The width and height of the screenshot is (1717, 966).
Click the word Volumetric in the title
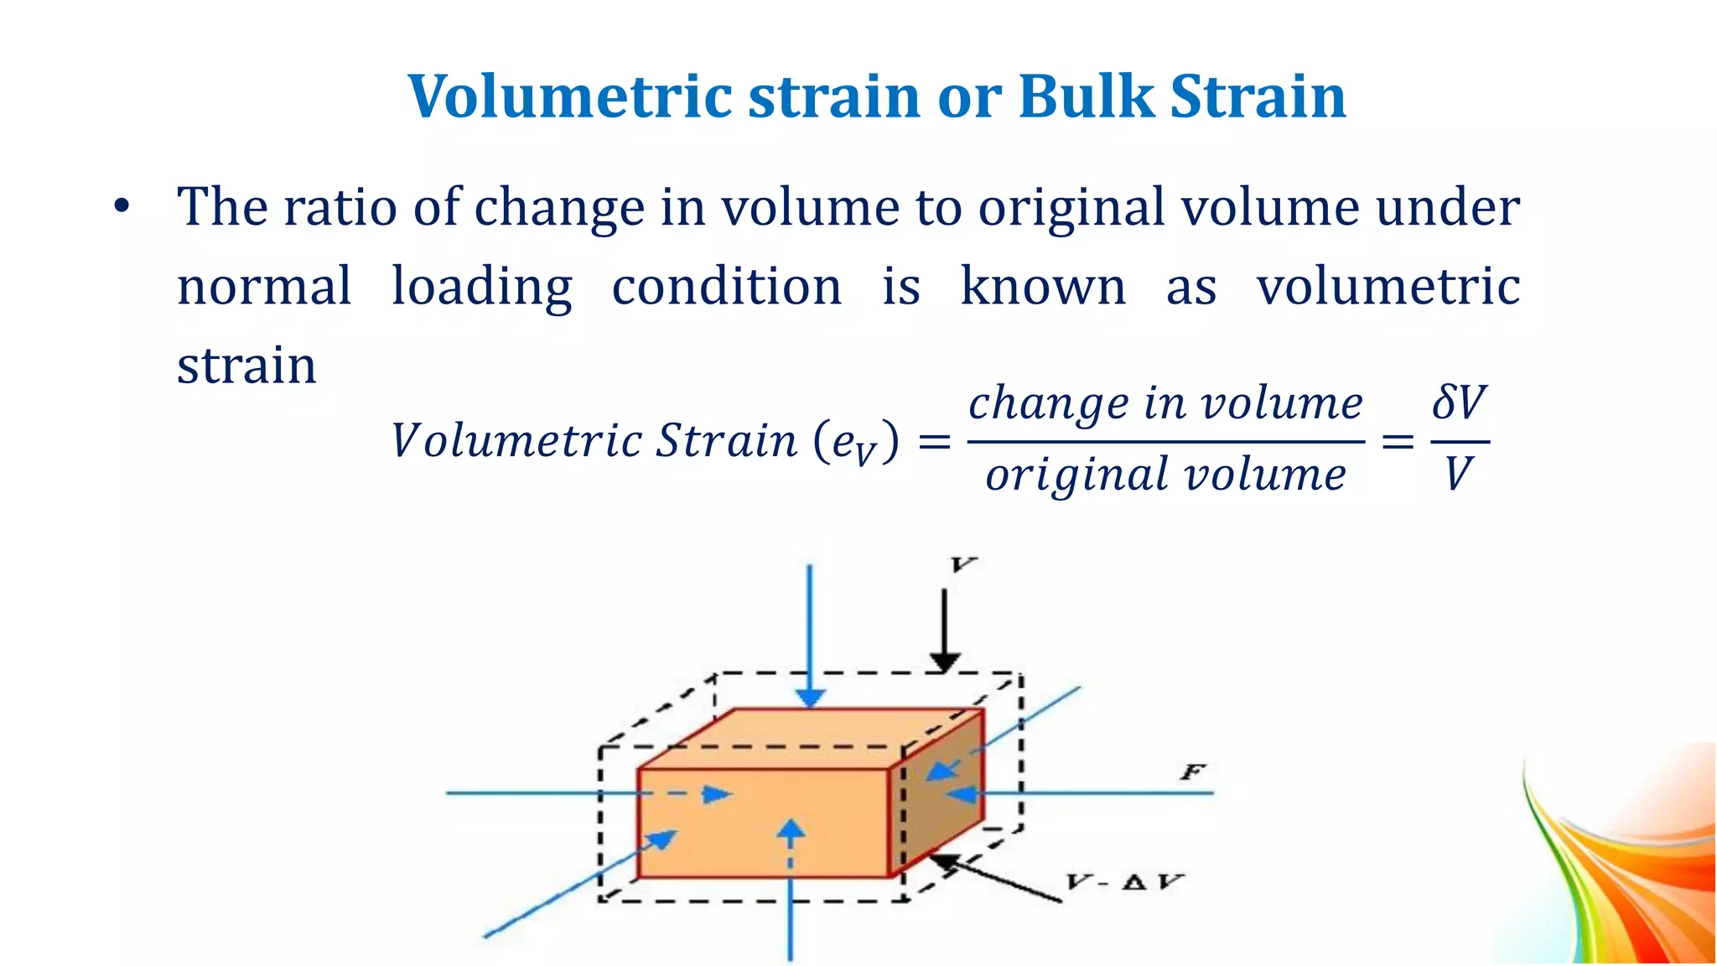[570, 96]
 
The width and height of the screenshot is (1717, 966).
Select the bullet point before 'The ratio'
[122, 206]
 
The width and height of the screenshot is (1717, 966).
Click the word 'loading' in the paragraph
[482, 287]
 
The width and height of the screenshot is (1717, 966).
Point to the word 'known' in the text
[1043, 287]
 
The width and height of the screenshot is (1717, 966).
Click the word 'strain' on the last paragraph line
[246, 366]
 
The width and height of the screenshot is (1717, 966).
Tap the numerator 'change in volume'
[1165, 403]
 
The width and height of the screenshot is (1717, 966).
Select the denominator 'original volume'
[1165, 475]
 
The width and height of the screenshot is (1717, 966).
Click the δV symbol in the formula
[1459, 402]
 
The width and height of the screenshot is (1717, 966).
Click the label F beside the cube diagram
[1192, 771]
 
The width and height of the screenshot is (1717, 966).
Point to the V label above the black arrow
[963, 565]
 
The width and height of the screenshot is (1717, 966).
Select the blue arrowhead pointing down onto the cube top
[810, 698]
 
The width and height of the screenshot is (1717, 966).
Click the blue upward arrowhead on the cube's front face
[790, 830]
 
